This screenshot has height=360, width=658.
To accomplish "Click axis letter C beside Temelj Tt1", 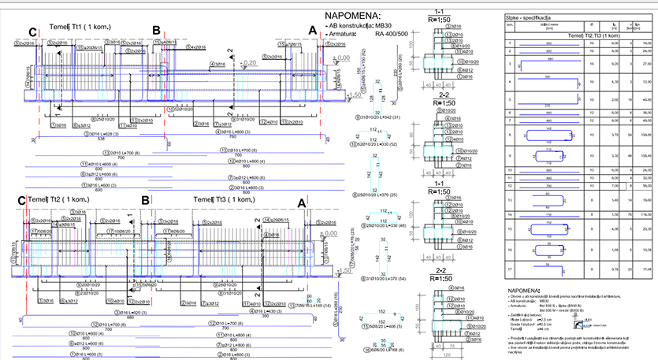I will (32, 31).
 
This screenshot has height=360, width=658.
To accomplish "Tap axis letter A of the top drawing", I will (312, 31).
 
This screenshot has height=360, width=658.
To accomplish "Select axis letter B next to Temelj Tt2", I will (145, 201).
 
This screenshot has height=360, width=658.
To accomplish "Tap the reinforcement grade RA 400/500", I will (391, 34).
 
